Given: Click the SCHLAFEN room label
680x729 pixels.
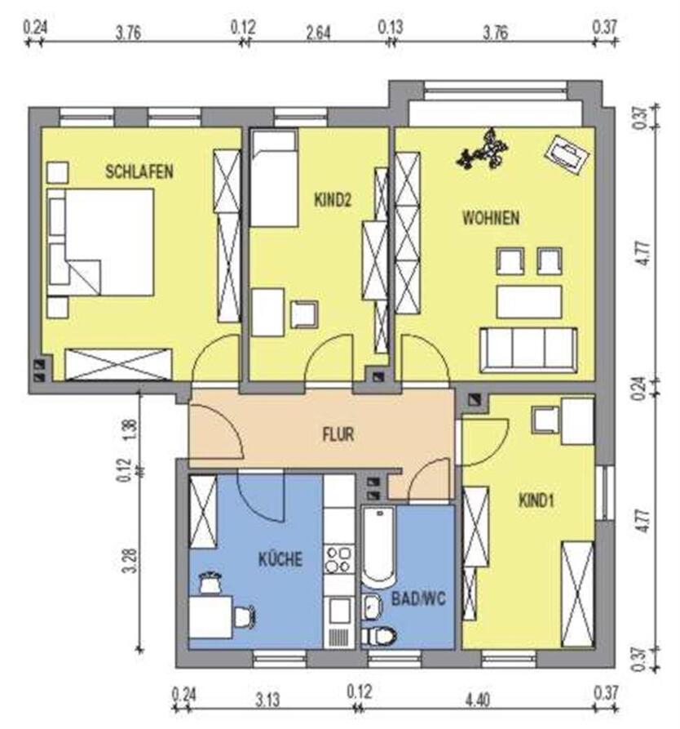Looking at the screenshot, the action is tap(139, 171).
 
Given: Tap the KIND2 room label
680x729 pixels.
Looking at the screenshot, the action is tap(333, 200).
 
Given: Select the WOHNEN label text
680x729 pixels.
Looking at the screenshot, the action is tap(491, 218).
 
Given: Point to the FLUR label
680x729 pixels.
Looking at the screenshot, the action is tap(338, 434).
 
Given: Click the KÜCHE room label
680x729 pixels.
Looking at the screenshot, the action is tap(280, 558).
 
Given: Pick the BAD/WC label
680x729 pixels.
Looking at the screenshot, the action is tap(418, 598).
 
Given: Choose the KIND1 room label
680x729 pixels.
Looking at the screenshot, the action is tap(536, 500).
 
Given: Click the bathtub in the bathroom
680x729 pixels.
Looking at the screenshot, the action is tap(378, 547).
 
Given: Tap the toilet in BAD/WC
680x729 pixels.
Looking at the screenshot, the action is tap(378, 636).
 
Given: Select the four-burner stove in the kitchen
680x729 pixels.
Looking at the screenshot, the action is tap(338, 560).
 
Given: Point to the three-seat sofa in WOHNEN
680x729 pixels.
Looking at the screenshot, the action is tap(528, 350).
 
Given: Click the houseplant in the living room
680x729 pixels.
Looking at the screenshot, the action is tap(482, 149).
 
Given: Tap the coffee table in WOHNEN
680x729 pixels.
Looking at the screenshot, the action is tap(529, 302).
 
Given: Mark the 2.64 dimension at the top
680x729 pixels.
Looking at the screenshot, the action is tap(318, 33).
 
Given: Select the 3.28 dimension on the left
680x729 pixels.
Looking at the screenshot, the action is tap(131, 561).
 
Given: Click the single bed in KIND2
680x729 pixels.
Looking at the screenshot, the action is tap(274, 178).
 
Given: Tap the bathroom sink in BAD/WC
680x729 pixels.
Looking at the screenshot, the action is tap(372, 607).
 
